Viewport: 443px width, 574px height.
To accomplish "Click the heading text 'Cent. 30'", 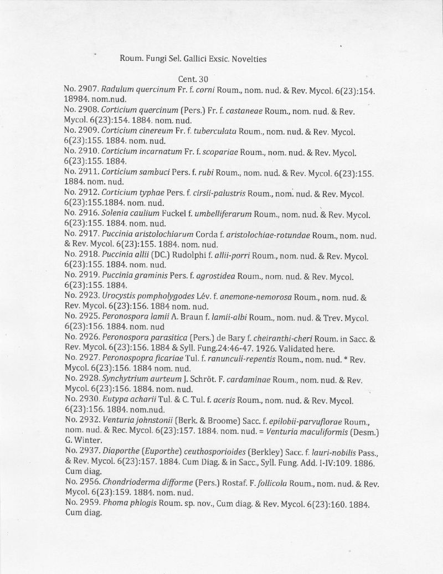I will (193, 79).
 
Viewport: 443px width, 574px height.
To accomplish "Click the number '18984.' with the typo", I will (78, 100).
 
